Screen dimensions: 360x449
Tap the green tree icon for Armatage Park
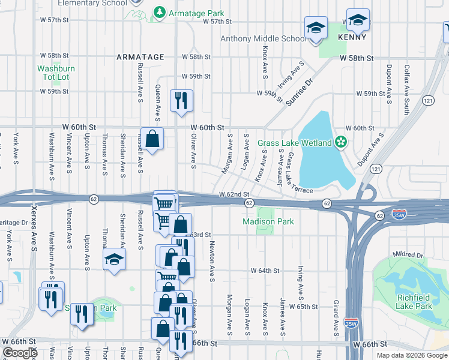tap(160, 13)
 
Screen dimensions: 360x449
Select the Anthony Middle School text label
tap(263, 39)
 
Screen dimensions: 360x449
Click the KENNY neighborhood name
tap(352, 37)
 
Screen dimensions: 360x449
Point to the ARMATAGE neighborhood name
tap(140, 57)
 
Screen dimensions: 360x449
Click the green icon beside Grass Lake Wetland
tap(341, 142)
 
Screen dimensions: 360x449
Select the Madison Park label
tap(268, 221)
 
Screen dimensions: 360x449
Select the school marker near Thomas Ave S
tap(113, 259)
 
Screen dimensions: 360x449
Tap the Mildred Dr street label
tap(408, 255)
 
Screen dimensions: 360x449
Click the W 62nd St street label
tap(234, 194)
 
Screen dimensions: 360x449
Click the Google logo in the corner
tap(20, 353)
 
